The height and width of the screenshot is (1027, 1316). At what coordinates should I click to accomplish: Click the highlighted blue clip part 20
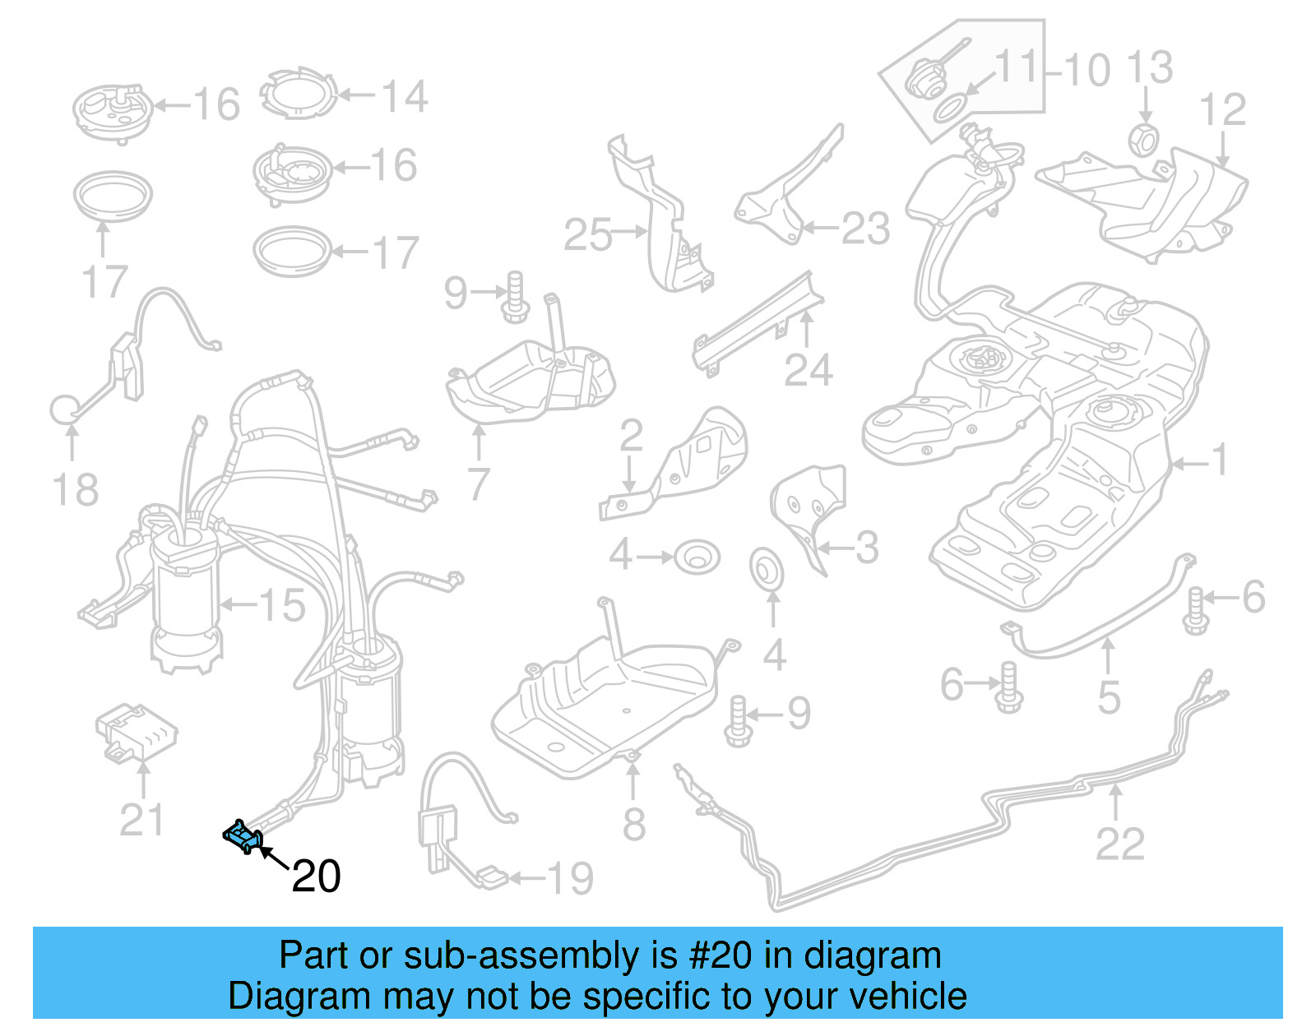[x=243, y=836]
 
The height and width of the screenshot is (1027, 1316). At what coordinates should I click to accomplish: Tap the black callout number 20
[x=316, y=877]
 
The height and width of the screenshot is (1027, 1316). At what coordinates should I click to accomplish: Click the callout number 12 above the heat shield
[x=1222, y=110]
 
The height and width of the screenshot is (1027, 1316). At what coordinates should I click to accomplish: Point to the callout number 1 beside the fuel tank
[x=1220, y=460]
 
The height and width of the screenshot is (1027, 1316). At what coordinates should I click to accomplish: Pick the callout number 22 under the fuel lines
[x=1119, y=844]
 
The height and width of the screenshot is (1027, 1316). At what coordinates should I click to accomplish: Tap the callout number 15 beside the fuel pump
[x=282, y=606]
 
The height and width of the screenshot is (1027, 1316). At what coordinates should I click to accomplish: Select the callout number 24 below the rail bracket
[x=808, y=371]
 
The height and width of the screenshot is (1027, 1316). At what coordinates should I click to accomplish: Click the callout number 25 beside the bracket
[x=587, y=235]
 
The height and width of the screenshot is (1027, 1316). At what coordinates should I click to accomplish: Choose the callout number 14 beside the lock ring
[x=404, y=97]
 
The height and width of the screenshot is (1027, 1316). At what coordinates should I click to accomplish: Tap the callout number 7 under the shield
[x=479, y=484]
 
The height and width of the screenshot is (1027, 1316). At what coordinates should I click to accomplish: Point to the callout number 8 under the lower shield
[x=633, y=824]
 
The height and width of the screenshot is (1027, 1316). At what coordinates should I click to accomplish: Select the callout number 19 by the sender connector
[x=570, y=879]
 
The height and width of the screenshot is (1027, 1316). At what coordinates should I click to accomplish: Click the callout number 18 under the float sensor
[x=75, y=490]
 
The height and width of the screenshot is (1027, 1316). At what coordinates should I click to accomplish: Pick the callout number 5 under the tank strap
[x=1109, y=697]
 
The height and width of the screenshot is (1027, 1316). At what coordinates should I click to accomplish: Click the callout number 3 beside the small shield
[x=866, y=548]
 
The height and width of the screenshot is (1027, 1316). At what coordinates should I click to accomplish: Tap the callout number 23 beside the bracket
[x=865, y=229]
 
